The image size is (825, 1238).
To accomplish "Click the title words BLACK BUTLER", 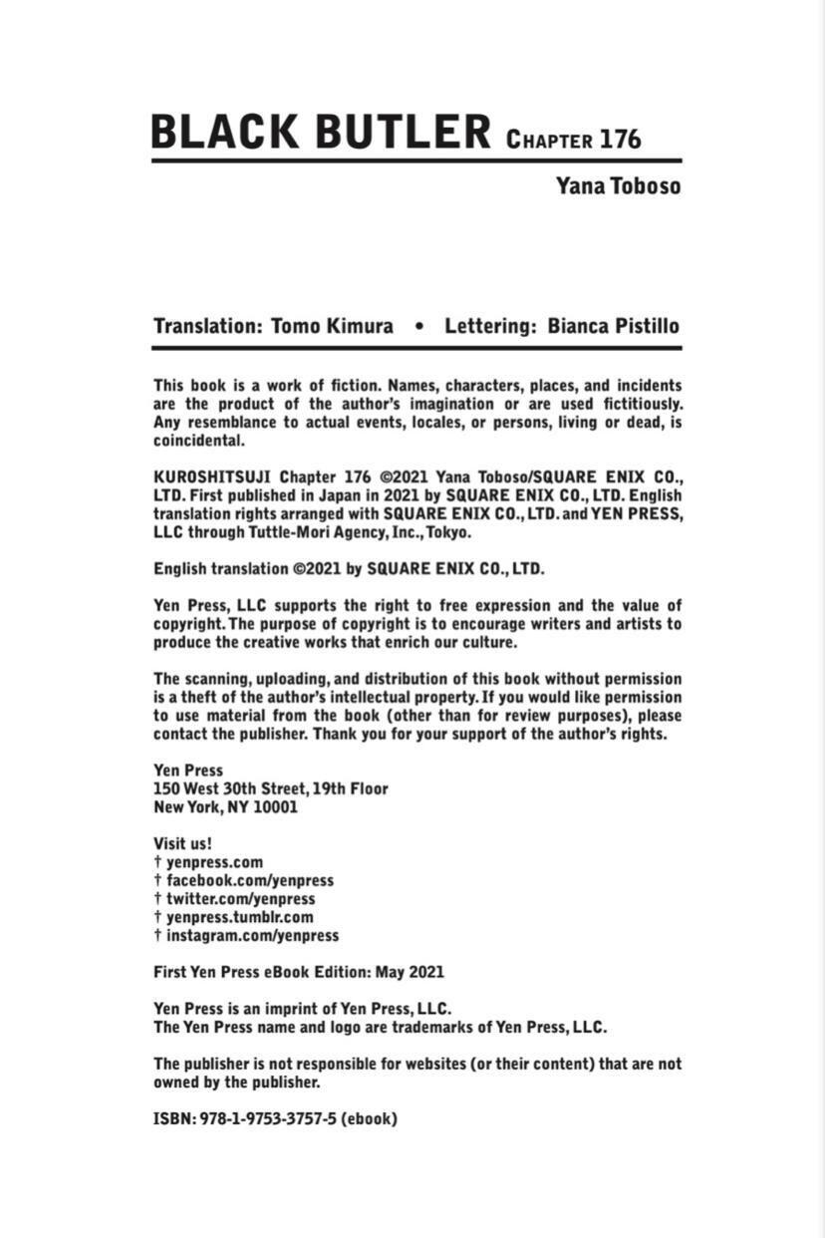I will (x=321, y=133).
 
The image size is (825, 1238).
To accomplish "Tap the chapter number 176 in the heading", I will (x=620, y=139).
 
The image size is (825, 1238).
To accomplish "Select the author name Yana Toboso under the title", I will (x=619, y=185).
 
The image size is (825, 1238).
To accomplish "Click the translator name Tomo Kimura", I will (x=332, y=326).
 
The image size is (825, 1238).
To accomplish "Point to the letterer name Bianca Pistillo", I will (x=614, y=326).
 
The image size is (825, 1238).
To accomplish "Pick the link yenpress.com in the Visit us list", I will (x=214, y=862).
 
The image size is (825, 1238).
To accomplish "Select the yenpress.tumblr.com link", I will (x=239, y=917).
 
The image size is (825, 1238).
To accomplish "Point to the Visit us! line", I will (x=182, y=843).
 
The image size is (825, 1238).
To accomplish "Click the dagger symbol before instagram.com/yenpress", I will (x=157, y=936).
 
